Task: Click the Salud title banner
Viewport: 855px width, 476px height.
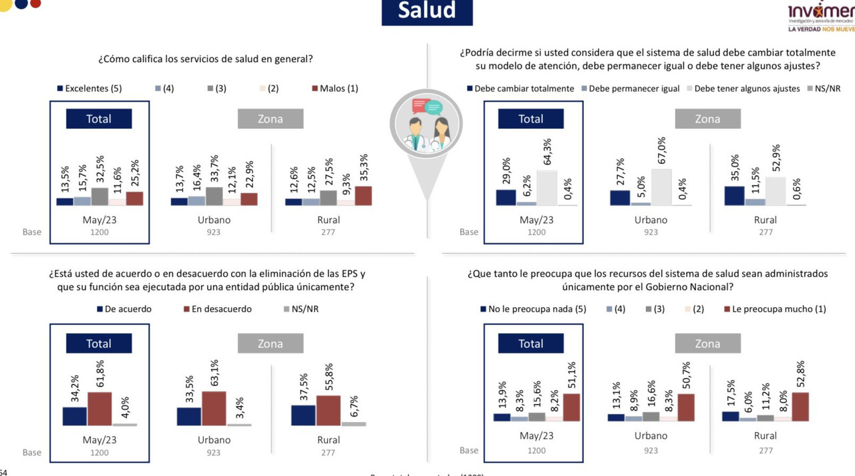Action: tap(427, 11)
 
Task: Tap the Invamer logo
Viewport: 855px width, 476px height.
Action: tap(820, 17)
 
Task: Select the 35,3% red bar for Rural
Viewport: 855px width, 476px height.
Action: tap(363, 196)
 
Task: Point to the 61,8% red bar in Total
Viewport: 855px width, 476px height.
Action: tap(99, 409)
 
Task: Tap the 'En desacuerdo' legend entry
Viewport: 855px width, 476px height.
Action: tap(216, 309)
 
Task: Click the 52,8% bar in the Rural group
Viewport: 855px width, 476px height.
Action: tap(800, 407)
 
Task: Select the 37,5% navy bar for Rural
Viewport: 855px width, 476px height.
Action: tap(303, 415)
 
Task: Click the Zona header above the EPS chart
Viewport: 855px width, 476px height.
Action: tap(271, 344)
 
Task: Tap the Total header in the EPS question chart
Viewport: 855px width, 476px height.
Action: tap(98, 344)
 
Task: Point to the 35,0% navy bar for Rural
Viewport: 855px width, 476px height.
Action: tap(735, 196)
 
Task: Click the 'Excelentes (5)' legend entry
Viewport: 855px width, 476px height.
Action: tap(89, 88)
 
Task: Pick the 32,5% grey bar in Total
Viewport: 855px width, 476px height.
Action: tap(99, 196)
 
